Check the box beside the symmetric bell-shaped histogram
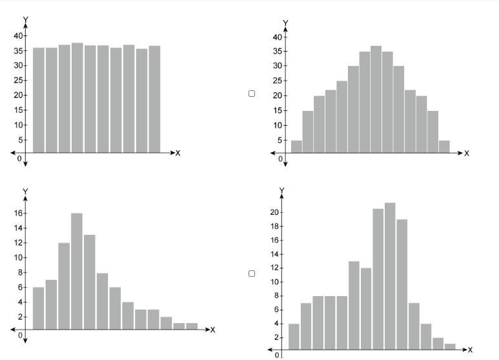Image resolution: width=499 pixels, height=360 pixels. pyautogui.click(x=252, y=94)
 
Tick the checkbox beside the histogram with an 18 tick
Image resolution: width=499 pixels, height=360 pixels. pyautogui.click(x=252, y=274)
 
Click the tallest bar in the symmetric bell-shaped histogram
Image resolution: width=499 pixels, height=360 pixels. pyautogui.click(x=376, y=100)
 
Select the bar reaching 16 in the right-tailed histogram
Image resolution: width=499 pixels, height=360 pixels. pyautogui.click(x=77, y=271)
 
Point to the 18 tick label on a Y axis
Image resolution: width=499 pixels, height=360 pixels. pyautogui.click(x=276, y=226)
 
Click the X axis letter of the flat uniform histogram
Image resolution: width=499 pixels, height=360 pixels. pyautogui.click(x=178, y=153)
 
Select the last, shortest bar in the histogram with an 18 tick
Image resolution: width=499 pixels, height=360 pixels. pyautogui.click(x=450, y=347)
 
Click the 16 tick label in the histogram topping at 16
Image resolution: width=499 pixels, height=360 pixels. pyautogui.click(x=19, y=213)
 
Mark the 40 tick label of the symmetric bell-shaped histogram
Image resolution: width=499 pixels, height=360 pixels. pyautogui.click(x=276, y=37)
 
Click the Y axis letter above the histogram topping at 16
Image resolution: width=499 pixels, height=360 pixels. pyautogui.click(x=25, y=192)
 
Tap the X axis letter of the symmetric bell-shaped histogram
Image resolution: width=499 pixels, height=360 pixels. pyautogui.click(x=467, y=154)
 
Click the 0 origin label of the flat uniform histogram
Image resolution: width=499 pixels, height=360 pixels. pyautogui.click(x=20, y=158)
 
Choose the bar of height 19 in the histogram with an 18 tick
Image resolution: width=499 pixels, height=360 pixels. pyautogui.click(x=402, y=285)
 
